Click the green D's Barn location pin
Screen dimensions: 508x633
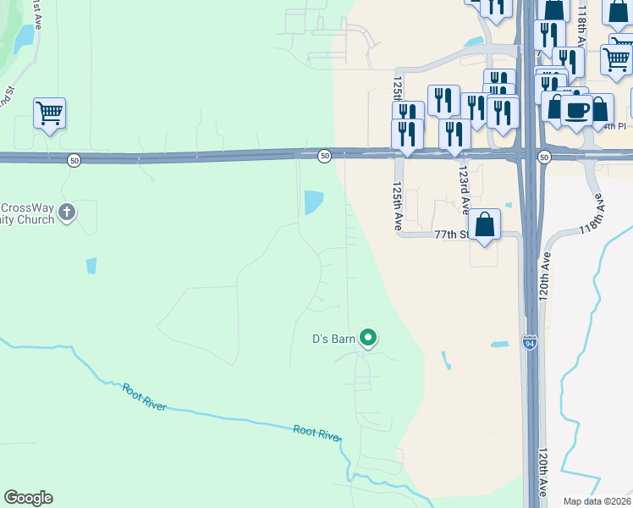368,339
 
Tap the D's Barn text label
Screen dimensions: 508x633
333,340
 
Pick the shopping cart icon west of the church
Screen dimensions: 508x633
50,113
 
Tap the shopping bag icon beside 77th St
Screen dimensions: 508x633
485,225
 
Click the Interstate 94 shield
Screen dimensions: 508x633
530,343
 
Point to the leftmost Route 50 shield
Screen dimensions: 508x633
74,159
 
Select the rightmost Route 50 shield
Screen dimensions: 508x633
543,157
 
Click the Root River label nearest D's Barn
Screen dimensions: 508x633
316,432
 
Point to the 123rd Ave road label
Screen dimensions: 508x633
463,179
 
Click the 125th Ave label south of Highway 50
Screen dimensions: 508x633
397,206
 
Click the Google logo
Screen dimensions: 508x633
28,498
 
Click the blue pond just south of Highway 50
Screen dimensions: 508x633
313,202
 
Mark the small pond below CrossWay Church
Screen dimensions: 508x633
91,266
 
